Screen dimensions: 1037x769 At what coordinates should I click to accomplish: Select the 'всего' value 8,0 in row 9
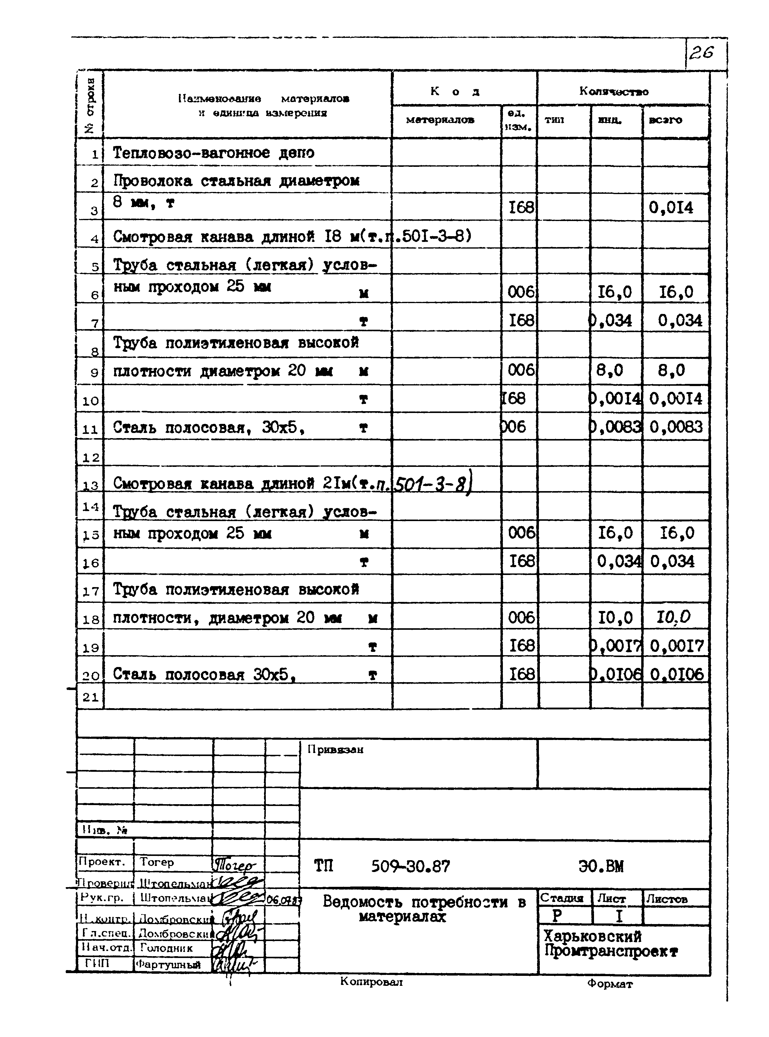[671, 371]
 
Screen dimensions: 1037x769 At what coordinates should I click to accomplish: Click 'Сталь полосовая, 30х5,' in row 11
[209, 427]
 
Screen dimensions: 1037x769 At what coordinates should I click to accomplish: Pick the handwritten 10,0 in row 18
[673, 618]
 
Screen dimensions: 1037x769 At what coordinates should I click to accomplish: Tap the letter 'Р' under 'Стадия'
[557, 916]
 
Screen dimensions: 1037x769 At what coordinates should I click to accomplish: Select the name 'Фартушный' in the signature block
[169, 965]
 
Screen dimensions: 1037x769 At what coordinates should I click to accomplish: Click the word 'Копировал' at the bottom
[371, 982]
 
